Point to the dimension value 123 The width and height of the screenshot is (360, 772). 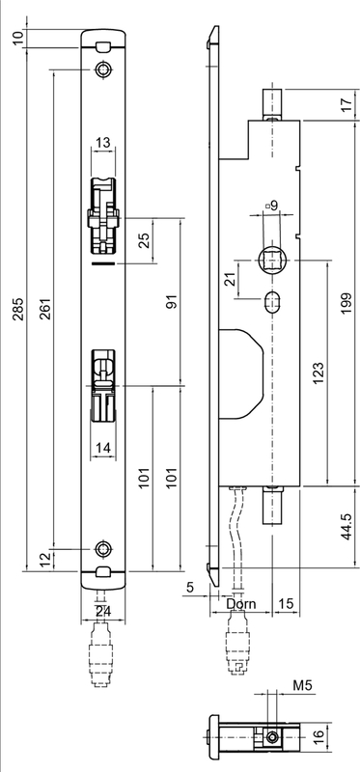coord(318,372)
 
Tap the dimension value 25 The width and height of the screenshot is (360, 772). coord(144,240)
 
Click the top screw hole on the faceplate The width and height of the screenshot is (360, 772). coord(103,69)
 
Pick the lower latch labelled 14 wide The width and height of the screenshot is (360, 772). coord(103,386)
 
